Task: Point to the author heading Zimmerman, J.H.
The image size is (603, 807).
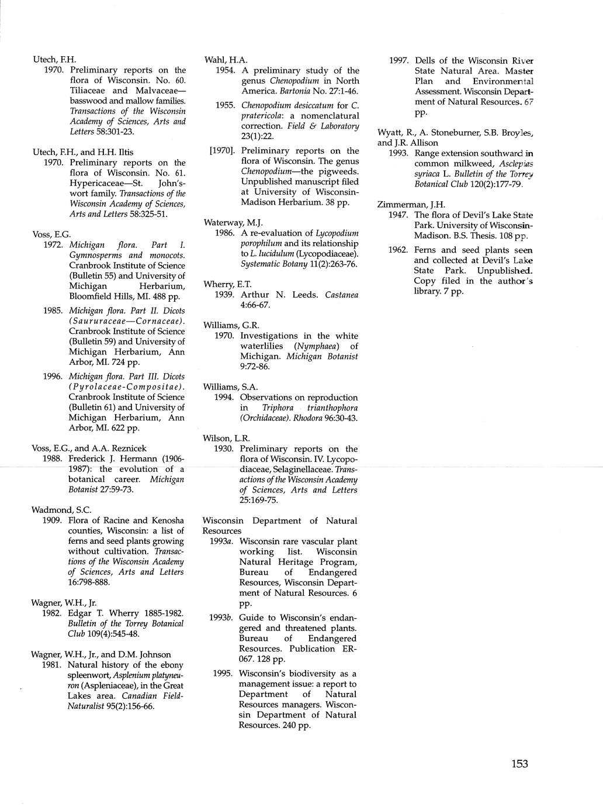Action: pyautogui.click(x=411, y=204)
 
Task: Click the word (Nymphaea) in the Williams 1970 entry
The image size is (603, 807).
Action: pyautogui.click(x=315, y=346)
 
